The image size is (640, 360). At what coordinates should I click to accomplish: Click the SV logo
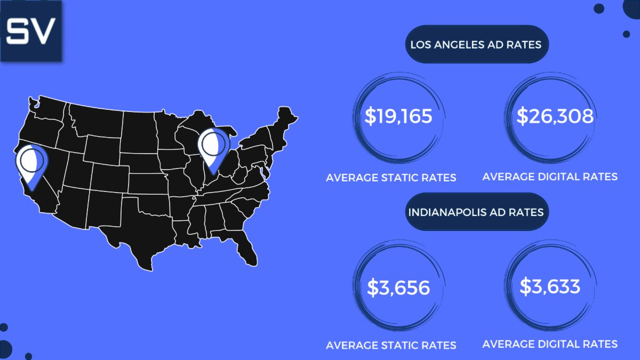point(31,31)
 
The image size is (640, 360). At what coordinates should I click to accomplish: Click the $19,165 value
point(398,116)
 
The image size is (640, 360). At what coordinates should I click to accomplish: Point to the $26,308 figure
point(555,116)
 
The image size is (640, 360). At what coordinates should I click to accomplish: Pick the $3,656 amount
point(398,288)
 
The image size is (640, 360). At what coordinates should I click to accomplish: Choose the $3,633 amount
point(550,287)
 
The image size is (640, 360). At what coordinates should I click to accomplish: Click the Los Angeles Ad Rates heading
point(476,44)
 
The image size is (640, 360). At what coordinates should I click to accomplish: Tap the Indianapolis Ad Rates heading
point(476,212)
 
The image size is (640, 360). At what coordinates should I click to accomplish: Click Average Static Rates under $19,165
point(391,178)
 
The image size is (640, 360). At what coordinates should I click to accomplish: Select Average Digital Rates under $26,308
point(550,176)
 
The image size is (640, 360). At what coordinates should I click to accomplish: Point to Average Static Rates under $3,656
point(391,345)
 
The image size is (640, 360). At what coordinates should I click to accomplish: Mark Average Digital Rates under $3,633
point(550,344)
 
